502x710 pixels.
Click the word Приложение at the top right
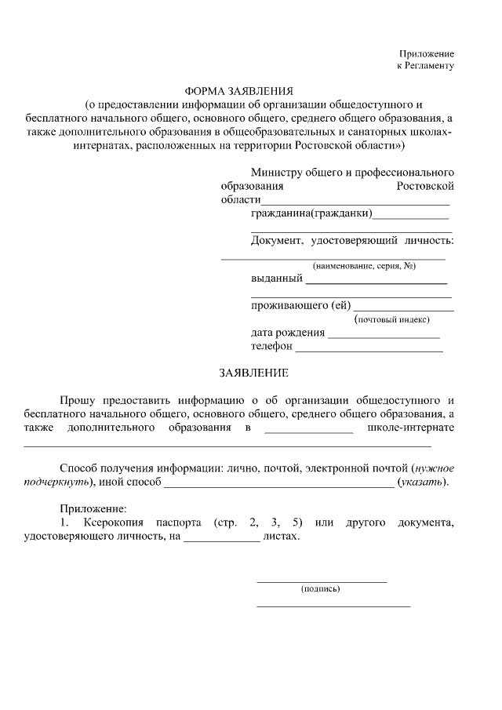(427, 53)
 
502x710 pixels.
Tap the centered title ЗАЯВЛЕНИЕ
(254, 372)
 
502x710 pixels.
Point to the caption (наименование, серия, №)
(364, 266)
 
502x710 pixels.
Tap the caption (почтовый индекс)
(392, 319)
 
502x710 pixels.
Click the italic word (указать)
(424, 482)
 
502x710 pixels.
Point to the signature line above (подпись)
(322, 581)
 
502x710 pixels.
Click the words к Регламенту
(425, 66)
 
